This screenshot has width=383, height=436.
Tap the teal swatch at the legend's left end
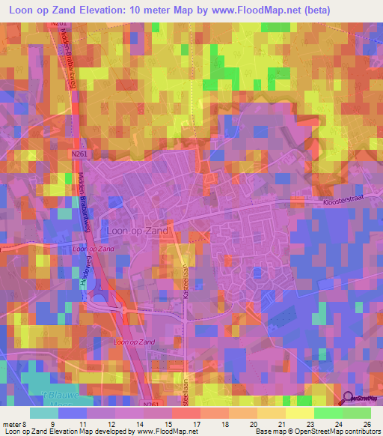(44, 413)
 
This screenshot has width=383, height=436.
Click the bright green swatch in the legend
(328, 413)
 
